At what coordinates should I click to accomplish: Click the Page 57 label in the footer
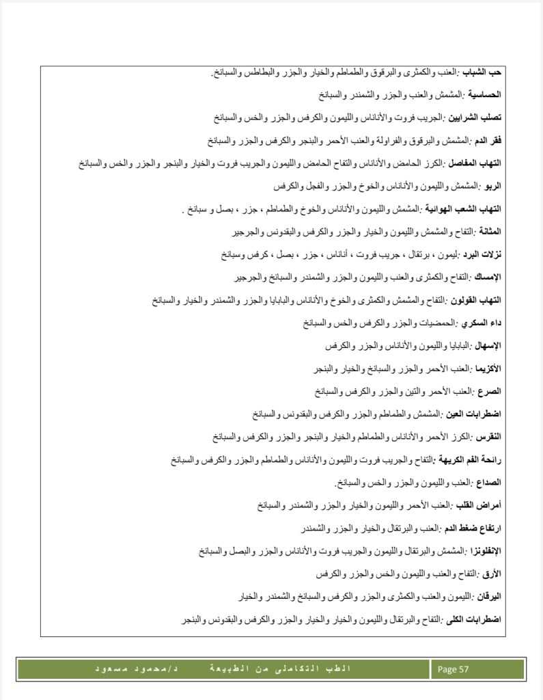tap(453, 669)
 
